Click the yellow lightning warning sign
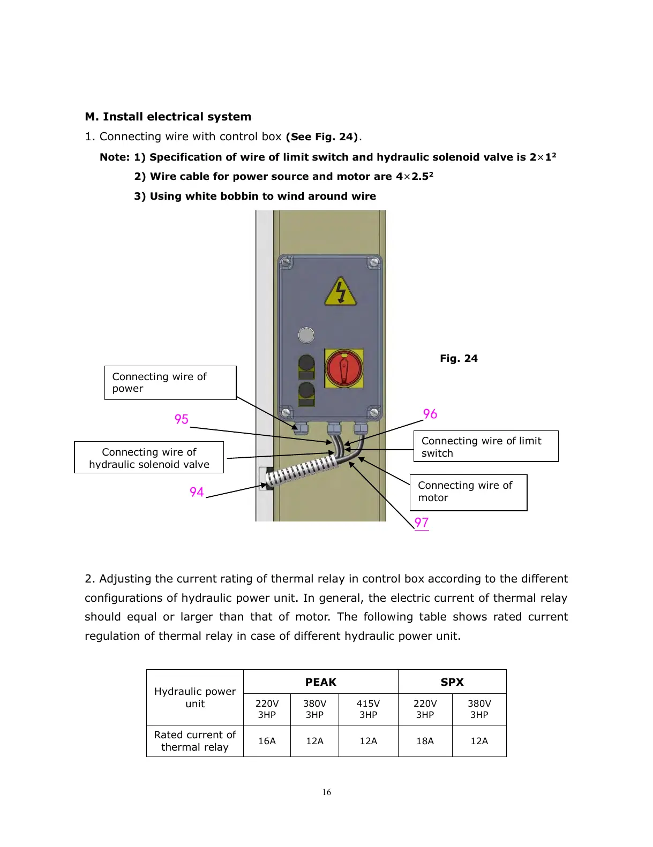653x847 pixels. pos(340,292)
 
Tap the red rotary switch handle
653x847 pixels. pos(344,368)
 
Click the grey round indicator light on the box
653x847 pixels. pos(306,335)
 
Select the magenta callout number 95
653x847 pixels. pos(182,419)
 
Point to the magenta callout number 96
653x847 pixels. pos(430,414)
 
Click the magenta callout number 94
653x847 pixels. pos(197,492)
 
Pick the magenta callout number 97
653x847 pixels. pos(422,523)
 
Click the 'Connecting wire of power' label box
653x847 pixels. pos(170,383)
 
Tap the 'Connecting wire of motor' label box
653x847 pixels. pos(468,492)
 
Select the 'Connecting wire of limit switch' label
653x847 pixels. pos(485,447)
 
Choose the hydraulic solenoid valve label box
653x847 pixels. pos(149,458)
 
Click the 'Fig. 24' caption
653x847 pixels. pos(459,359)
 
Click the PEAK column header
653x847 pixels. pos(320,682)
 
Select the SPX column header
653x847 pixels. pos(452,682)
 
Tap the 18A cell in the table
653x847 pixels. pos(425,741)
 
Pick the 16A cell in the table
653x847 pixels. pos(267,741)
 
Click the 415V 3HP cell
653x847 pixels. pos(368,709)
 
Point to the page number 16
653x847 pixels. pos(327,792)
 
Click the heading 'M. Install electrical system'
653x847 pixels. pos(168,117)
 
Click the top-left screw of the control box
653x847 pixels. pos(286,262)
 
